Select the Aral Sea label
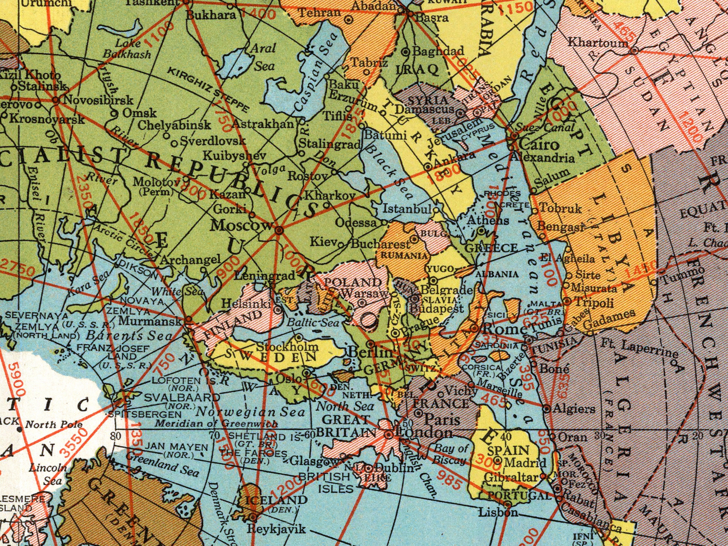click(263, 58)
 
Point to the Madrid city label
click(525, 463)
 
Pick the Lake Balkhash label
click(127, 49)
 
